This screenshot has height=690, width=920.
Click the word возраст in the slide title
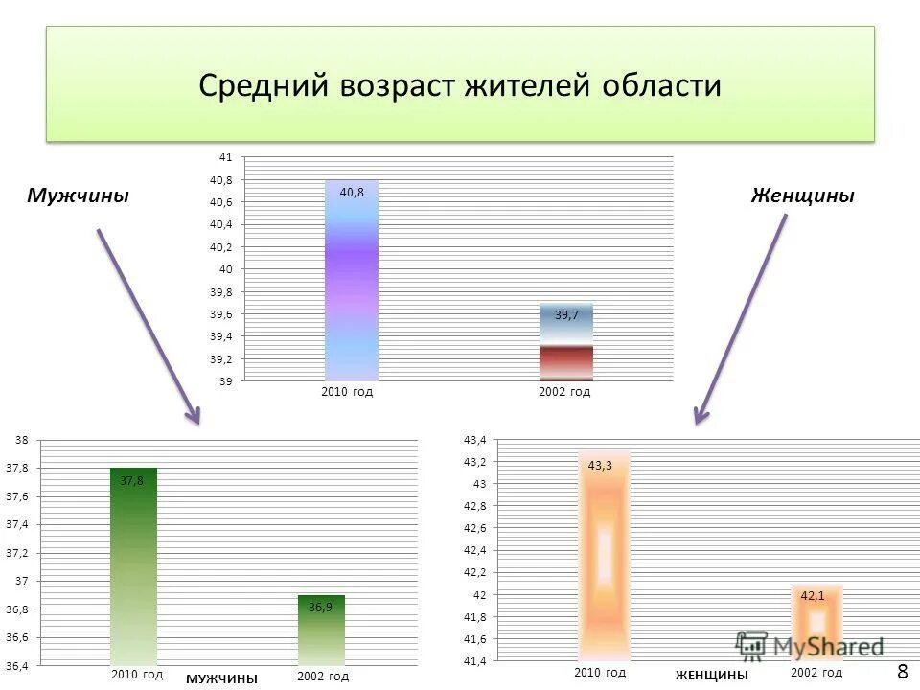[x=399, y=86]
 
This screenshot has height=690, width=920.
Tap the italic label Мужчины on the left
[x=78, y=195]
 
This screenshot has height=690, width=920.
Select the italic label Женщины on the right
[x=802, y=195]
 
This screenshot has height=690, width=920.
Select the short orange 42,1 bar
[x=816, y=624]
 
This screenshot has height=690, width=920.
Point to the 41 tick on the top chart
[x=226, y=156]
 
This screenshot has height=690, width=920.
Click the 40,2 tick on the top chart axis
[x=220, y=246]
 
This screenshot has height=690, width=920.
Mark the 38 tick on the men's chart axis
[x=21, y=440]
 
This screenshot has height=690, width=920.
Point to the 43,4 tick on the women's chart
[x=475, y=440]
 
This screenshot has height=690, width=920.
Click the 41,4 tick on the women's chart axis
[x=475, y=661]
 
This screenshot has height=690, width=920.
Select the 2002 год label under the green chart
[x=323, y=677]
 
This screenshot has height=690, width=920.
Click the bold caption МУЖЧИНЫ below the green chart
[x=221, y=678]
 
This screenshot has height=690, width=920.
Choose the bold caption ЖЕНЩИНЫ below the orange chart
[x=711, y=676]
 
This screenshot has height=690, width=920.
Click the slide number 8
[x=902, y=670]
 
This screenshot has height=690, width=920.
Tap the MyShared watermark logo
[x=810, y=646]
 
